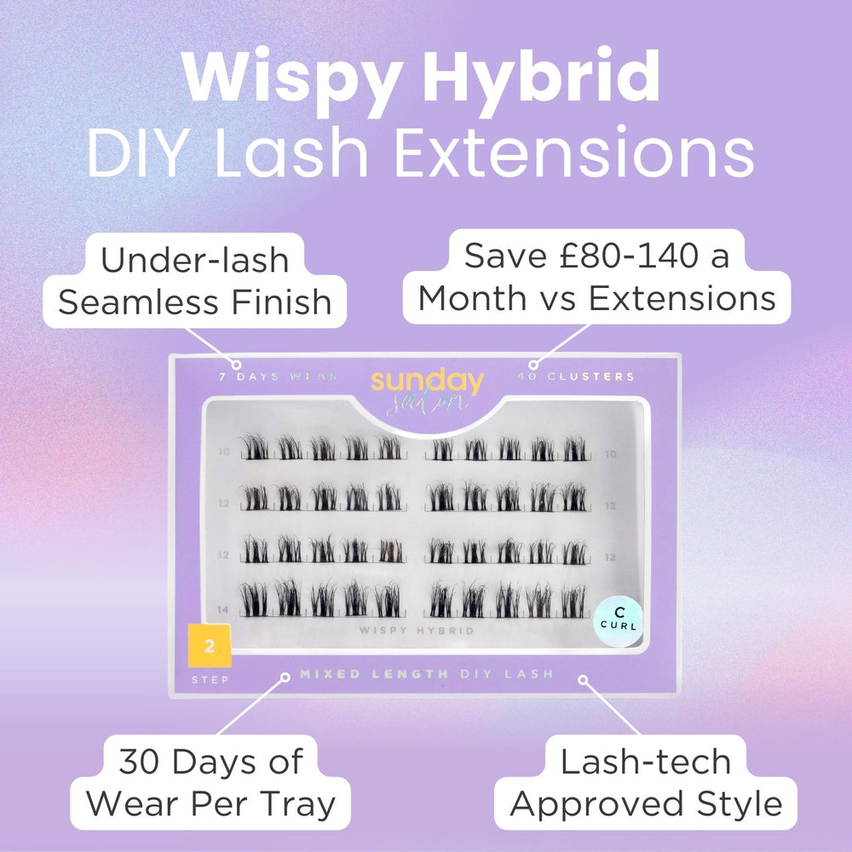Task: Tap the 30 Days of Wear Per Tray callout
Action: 211,782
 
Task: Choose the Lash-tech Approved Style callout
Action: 646,782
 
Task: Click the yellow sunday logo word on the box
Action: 427,381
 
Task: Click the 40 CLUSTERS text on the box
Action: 575,376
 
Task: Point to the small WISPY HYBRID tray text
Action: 417,630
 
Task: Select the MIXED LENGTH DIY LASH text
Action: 426,674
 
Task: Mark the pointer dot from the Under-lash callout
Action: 237,364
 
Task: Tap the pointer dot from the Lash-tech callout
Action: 584,679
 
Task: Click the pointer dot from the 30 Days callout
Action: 284,679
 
